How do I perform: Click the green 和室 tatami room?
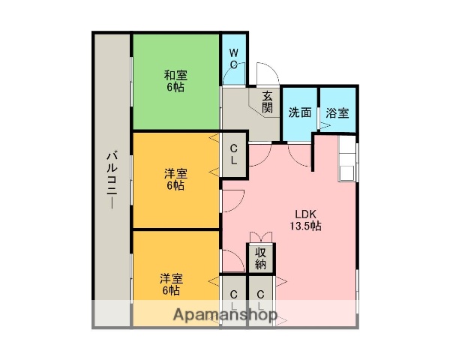click(176, 81)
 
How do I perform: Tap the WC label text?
click(234, 58)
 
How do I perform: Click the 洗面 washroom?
click(300, 113)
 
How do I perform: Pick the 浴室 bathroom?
click(337, 113)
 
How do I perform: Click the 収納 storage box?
click(261, 258)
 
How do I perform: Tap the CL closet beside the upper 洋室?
click(234, 155)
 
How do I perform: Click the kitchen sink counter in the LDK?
click(347, 160)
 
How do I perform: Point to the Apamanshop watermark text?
click(226, 314)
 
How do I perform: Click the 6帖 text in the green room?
click(176, 88)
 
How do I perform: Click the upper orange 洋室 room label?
click(176, 179)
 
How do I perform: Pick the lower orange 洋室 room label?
click(171, 283)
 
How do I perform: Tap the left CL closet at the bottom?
click(234, 300)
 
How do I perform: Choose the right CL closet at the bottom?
click(261, 300)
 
